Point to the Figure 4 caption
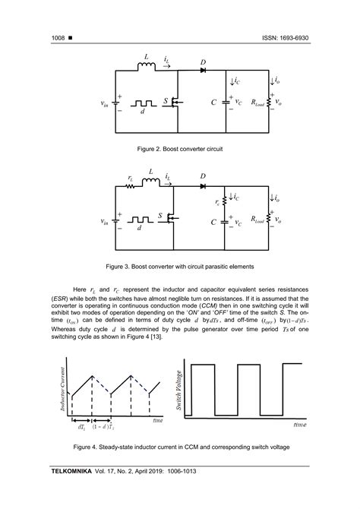[x=178, y=448]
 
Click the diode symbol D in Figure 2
[x=204, y=71]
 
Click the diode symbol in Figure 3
[x=203, y=185]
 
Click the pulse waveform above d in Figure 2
[x=142, y=103]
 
